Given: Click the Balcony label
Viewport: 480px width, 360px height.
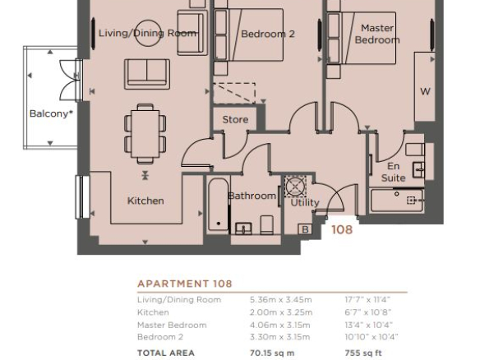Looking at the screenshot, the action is [x=51, y=113].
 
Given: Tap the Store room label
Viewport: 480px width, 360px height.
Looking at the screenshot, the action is [x=235, y=119].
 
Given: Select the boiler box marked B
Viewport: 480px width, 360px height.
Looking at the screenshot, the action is [x=305, y=229].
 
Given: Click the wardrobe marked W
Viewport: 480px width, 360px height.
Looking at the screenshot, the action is [x=425, y=87].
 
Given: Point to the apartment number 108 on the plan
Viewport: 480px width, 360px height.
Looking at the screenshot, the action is [x=342, y=229].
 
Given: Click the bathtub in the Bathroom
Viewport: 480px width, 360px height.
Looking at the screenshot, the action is [x=219, y=205].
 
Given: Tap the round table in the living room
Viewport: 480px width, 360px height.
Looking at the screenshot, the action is [x=148, y=33].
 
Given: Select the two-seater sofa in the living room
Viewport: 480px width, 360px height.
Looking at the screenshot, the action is [x=147, y=74].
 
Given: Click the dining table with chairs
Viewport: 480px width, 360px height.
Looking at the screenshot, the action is [x=145, y=134].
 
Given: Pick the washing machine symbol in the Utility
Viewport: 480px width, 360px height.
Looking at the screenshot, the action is [x=295, y=186].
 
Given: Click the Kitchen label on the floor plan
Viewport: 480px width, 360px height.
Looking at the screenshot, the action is [x=145, y=201].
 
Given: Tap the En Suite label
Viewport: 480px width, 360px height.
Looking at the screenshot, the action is [x=394, y=172].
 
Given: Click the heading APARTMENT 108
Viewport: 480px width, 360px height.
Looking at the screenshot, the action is [x=185, y=284].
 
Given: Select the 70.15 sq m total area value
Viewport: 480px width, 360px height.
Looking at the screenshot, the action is [x=272, y=353].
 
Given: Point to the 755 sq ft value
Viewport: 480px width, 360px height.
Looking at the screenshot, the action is [x=363, y=353].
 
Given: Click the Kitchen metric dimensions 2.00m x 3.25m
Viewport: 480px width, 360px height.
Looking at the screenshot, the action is [x=281, y=312].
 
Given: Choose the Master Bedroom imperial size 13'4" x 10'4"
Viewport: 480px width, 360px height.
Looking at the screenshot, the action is [x=369, y=325].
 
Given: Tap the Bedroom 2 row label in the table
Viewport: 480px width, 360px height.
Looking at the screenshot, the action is [x=160, y=337].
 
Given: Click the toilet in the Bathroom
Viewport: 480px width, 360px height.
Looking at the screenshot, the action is [x=266, y=224].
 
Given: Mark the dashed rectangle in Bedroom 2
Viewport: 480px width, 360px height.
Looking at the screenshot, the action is [x=234, y=93].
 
